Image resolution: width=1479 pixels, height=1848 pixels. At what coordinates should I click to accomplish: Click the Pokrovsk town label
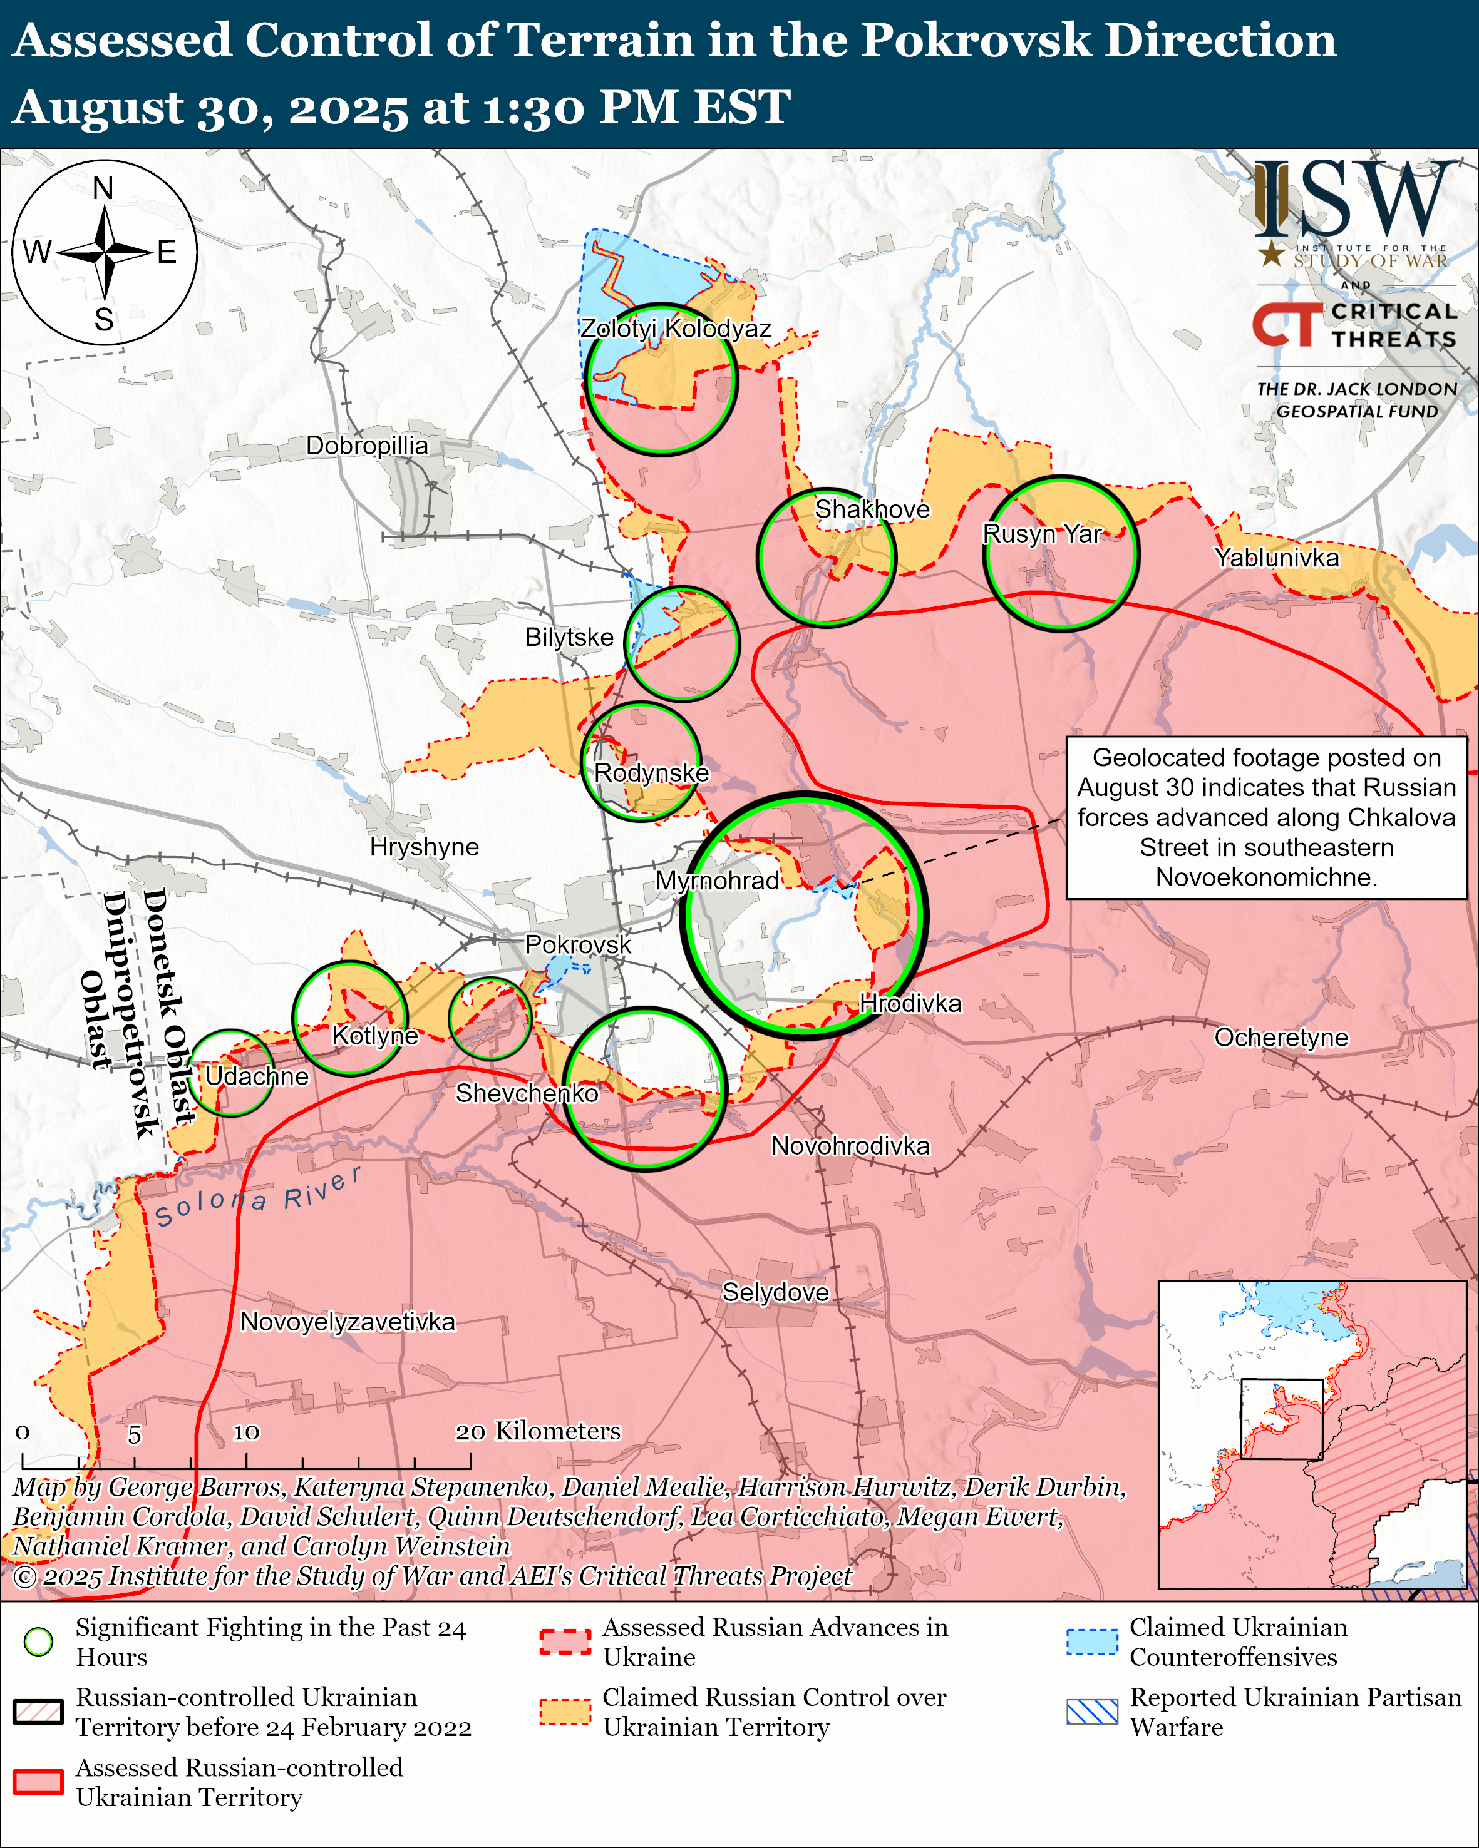coord(577,944)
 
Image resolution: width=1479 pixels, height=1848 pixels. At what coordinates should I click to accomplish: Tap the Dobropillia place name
coord(367,446)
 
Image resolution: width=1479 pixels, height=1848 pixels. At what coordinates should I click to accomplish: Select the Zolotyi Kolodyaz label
coord(676,329)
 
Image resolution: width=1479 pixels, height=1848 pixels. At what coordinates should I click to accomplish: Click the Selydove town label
coord(775,1292)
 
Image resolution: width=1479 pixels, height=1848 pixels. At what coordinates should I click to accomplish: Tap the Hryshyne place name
coord(425,847)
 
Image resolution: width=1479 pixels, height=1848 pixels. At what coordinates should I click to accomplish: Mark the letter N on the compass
coord(103,188)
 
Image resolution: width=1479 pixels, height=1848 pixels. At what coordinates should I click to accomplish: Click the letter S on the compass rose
coord(104,320)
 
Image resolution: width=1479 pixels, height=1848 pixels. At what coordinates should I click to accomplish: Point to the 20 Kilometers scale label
coord(538,1431)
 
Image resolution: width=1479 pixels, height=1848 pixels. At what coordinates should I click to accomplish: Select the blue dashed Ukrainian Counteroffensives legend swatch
coord(1091,1641)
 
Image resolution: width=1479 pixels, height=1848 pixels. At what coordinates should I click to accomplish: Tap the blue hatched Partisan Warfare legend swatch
coord(1091,1712)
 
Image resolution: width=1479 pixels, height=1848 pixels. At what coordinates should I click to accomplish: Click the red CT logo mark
coord(1287,325)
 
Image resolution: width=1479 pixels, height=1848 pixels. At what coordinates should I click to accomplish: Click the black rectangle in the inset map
coord(1282,1419)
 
